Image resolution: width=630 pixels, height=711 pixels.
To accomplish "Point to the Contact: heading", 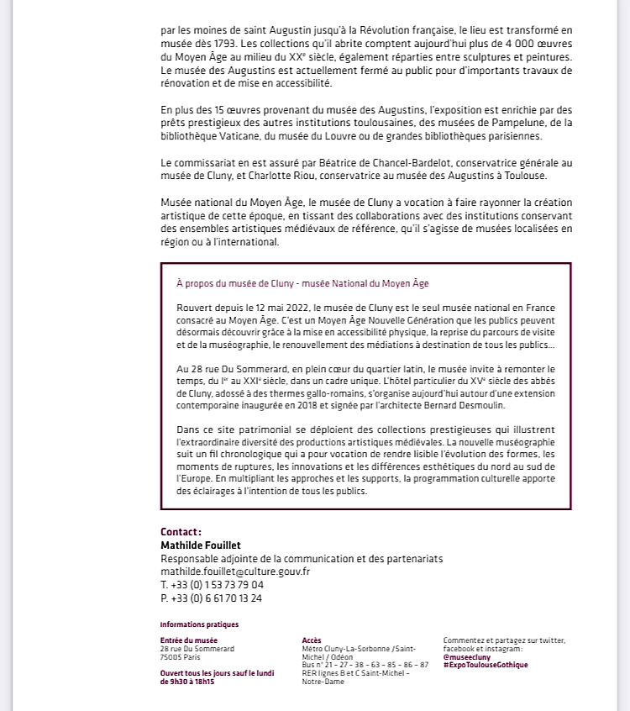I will (181, 532).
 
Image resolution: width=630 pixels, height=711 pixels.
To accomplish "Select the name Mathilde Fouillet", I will (201, 545).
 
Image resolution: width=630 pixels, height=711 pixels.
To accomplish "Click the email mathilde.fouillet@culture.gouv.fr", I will (235, 571).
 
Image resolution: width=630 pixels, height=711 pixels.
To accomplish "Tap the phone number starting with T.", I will (212, 585).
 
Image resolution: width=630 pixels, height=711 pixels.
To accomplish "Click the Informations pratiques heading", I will (199, 624).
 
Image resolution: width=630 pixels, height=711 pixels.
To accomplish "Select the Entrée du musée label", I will (188, 640).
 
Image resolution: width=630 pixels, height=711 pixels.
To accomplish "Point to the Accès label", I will (311, 640).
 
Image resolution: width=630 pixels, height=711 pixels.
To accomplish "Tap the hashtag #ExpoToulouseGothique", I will (486, 665).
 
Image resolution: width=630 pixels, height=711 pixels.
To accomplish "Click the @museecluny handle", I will (468, 657).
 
